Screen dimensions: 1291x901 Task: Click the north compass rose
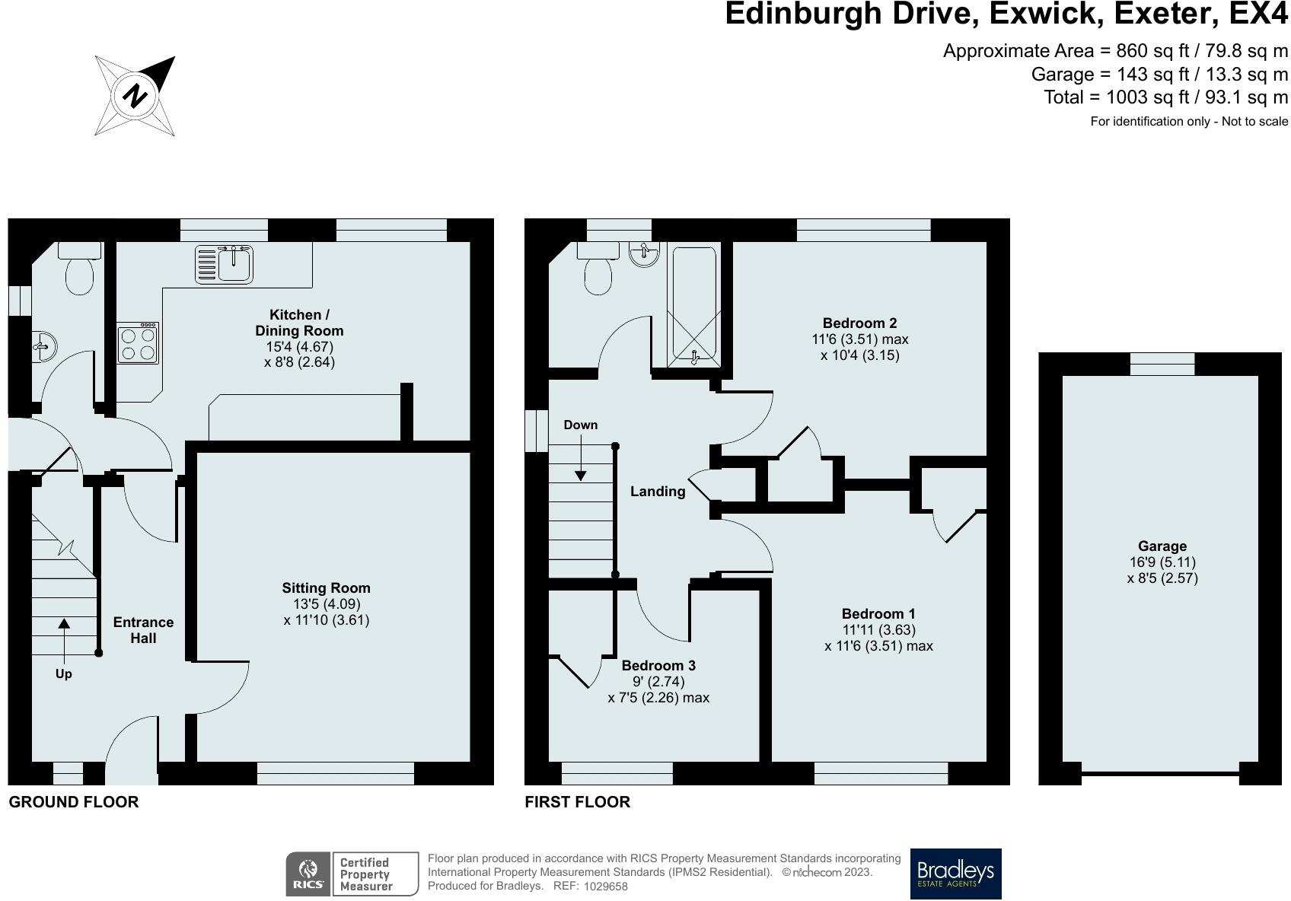pos(135,96)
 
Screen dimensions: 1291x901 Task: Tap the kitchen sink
pos(225,264)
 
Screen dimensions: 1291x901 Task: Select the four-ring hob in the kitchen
pos(139,343)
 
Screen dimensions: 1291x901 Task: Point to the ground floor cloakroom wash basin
pos(44,346)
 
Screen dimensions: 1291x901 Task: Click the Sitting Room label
pos(327,588)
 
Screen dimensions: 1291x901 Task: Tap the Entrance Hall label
pos(144,630)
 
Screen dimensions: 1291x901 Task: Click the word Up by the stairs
pos(63,674)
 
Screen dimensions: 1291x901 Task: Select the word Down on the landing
pos(580,425)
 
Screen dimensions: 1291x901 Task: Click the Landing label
pos(658,492)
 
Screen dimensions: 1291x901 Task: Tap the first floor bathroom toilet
pos(598,269)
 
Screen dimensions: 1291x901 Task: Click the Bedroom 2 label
pos(860,323)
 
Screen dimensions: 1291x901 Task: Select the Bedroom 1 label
pos(878,614)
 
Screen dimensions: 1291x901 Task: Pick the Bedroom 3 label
pos(658,666)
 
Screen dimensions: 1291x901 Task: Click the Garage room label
pos(1162,546)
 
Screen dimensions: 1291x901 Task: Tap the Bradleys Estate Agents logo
pos(955,874)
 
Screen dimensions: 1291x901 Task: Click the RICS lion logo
pos(308,874)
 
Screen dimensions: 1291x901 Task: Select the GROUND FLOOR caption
pos(74,802)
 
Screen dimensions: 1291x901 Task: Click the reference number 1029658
pos(606,887)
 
